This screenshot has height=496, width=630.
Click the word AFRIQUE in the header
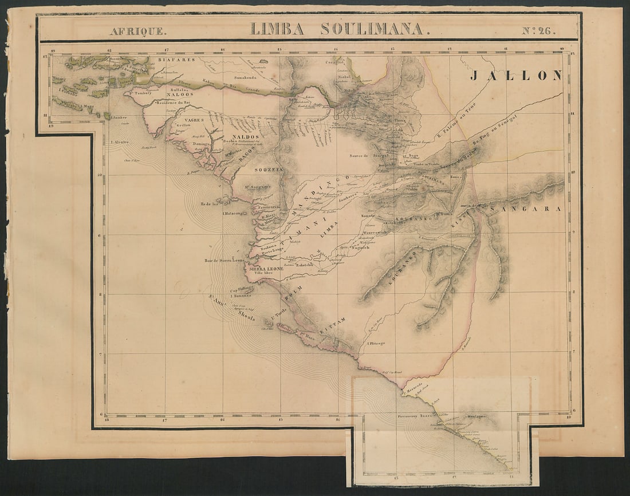pos(138,31)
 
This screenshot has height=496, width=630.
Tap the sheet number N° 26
pos(538,31)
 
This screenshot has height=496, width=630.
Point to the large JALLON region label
pos(516,75)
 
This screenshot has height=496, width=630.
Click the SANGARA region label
pos(525,209)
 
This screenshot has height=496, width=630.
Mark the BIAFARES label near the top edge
pos(176,60)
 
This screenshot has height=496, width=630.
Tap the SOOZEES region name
pos(269,170)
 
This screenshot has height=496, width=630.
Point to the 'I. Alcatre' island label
pos(120,141)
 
